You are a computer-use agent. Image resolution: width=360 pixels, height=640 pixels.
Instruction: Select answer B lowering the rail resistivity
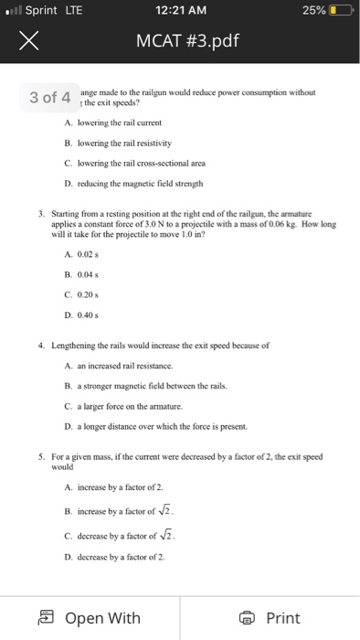[132, 144]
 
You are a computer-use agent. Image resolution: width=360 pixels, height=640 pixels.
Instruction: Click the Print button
[270, 618]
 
